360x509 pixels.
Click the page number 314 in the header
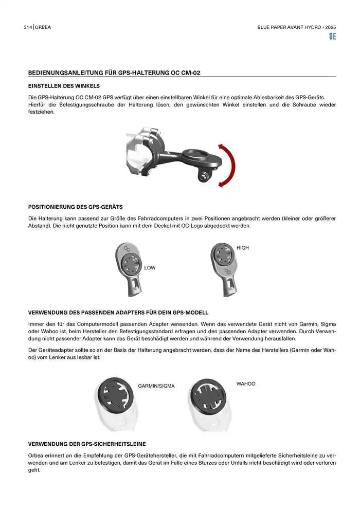(x=28, y=27)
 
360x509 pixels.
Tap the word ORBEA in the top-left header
(x=43, y=27)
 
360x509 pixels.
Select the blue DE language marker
(x=332, y=37)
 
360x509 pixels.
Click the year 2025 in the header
(x=331, y=27)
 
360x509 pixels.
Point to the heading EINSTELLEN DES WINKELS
(x=64, y=86)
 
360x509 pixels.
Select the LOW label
(x=150, y=268)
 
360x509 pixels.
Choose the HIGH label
(x=243, y=248)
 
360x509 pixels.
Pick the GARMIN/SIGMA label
(x=156, y=386)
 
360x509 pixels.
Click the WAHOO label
(x=246, y=384)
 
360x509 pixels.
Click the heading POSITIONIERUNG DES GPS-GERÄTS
(x=75, y=207)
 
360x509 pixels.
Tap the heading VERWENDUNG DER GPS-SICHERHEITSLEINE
(x=87, y=444)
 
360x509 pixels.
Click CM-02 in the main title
(x=191, y=72)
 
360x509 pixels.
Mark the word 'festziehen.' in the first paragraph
(x=41, y=112)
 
